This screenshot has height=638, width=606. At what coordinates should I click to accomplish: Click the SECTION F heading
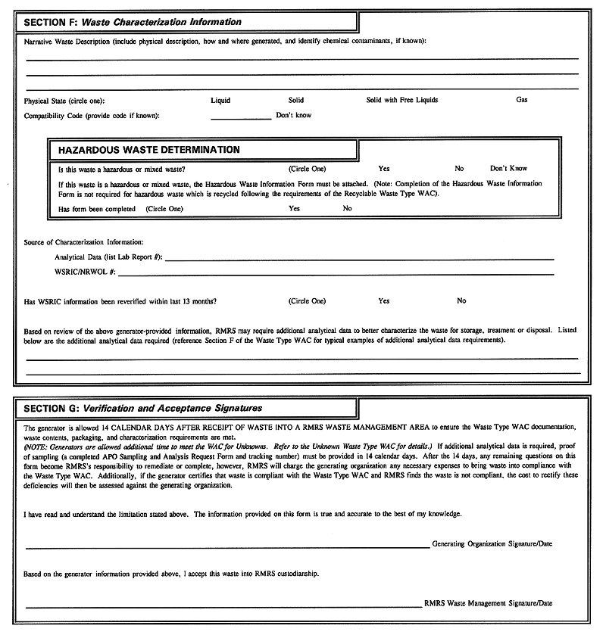(x=133, y=22)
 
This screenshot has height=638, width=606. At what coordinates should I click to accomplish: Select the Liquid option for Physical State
(x=220, y=100)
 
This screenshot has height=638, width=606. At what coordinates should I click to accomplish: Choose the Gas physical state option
(x=522, y=100)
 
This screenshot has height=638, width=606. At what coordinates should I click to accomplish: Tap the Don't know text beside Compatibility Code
(x=293, y=116)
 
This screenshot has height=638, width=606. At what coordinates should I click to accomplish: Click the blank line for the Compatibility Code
(x=240, y=117)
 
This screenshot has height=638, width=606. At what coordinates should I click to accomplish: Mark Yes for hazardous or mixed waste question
(x=384, y=168)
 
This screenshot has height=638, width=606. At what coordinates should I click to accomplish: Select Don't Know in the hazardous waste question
(x=508, y=168)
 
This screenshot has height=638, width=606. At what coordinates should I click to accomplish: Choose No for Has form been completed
(x=347, y=208)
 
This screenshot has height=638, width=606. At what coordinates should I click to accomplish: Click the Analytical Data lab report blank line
(x=359, y=259)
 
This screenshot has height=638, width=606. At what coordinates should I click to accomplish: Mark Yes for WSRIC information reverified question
(x=384, y=301)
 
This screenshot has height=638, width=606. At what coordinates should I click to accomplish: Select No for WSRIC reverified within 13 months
(x=461, y=301)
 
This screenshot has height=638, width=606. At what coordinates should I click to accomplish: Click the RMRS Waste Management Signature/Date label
(x=488, y=604)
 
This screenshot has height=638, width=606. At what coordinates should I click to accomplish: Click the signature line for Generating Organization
(x=227, y=546)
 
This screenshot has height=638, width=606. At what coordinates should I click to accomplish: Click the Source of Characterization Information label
(x=83, y=242)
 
